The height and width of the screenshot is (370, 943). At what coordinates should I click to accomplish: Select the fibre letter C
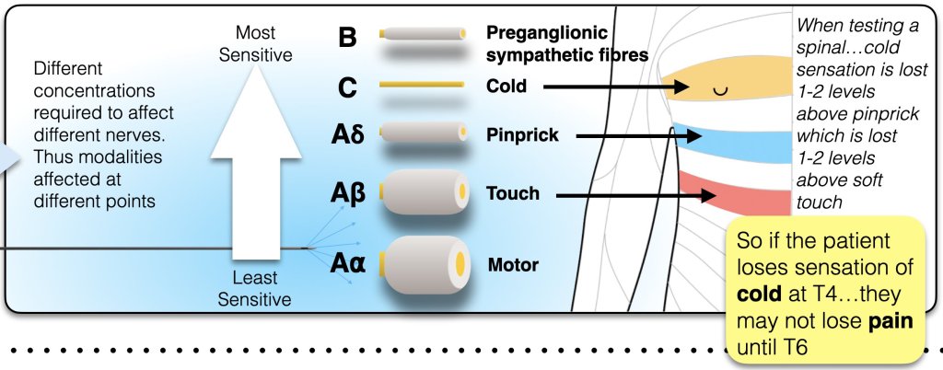point(346,87)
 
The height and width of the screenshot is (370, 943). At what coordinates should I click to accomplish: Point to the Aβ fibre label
point(348,194)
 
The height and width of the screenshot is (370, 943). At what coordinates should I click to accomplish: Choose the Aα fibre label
point(348,265)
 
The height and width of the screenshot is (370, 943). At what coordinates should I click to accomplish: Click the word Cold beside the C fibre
point(506,87)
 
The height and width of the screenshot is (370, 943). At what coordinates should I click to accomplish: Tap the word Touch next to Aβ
point(512,194)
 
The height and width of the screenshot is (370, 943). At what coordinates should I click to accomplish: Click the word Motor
point(513,266)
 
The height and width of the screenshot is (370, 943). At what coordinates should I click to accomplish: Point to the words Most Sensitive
point(255,43)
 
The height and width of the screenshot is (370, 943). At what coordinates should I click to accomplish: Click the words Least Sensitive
point(255,289)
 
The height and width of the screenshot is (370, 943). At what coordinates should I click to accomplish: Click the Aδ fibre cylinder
point(419,135)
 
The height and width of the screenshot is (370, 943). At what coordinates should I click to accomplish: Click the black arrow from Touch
point(635,195)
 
